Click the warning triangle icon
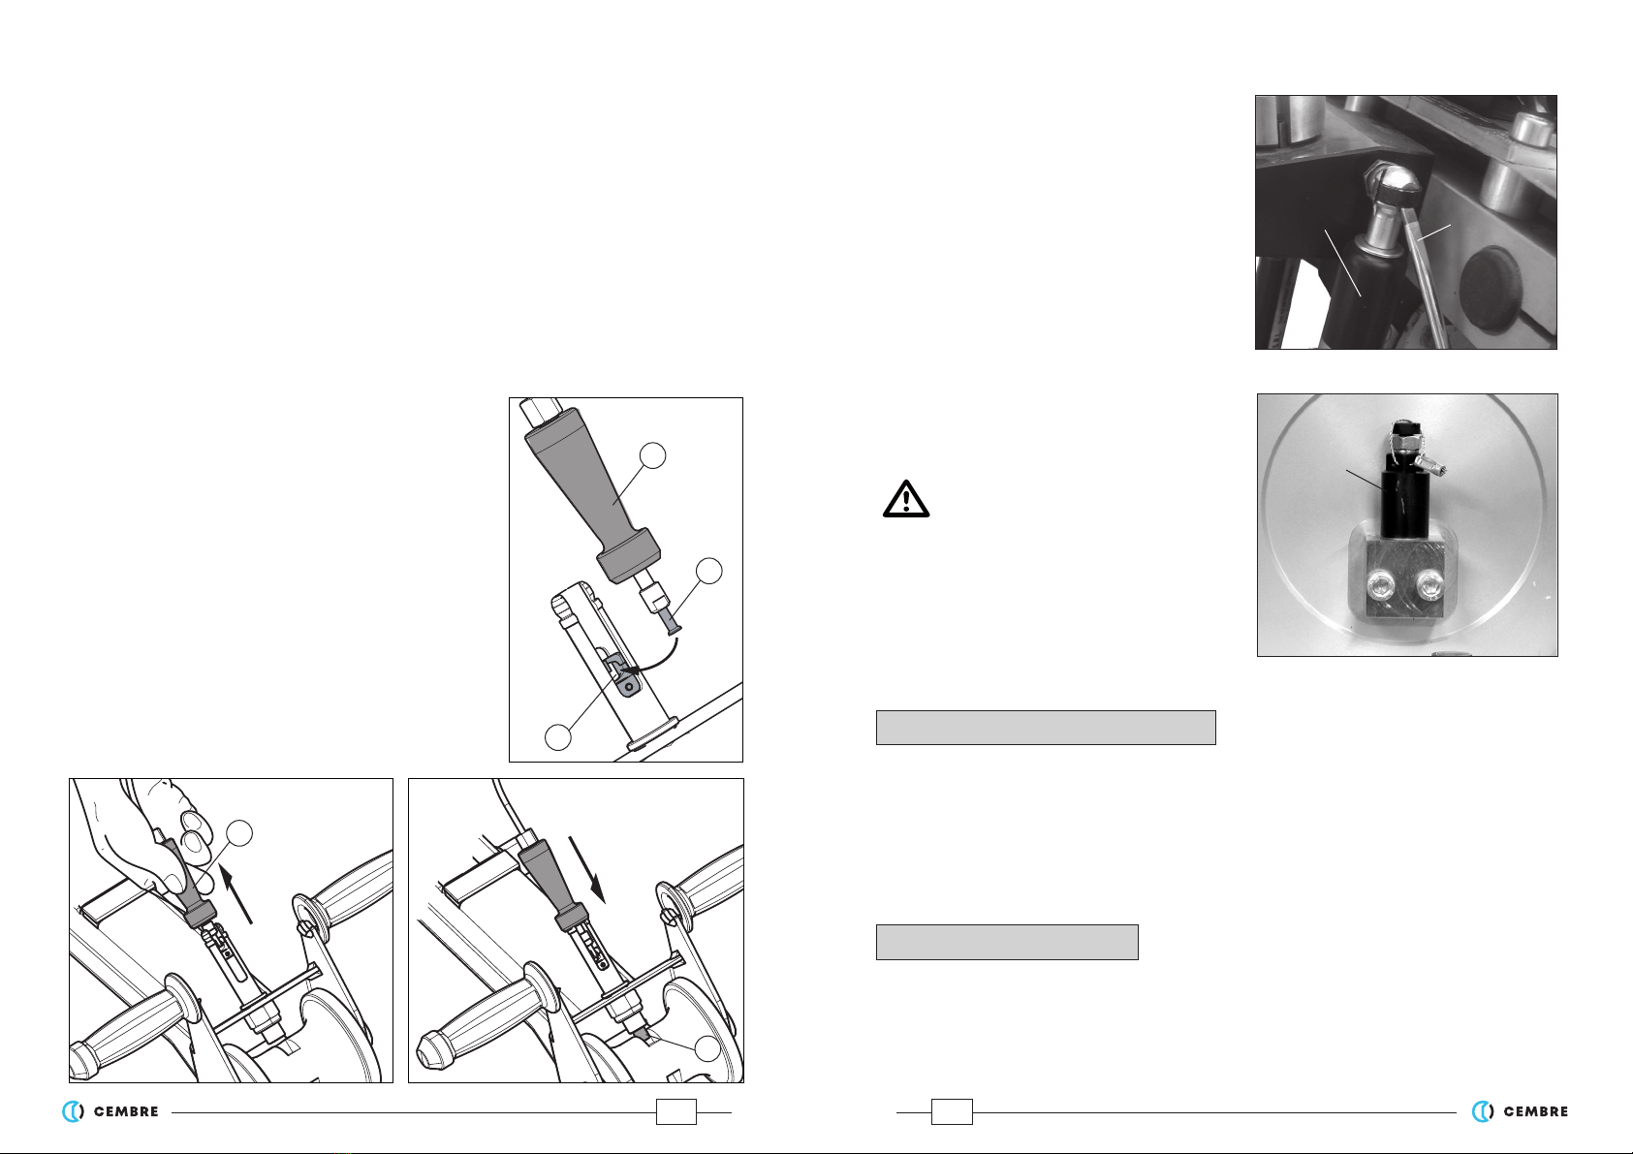pyautogui.click(x=905, y=499)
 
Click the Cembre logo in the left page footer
pyautogui.click(x=110, y=1111)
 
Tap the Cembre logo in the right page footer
pyautogui.click(x=1520, y=1111)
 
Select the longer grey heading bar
pyautogui.click(x=1046, y=728)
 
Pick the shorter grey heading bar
pyautogui.click(x=1007, y=942)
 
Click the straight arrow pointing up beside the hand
pyautogui.click(x=236, y=893)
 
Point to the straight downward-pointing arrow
pyautogui.click(x=587, y=870)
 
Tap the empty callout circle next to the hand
pyautogui.click(x=239, y=833)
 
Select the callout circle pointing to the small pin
pyautogui.click(x=708, y=571)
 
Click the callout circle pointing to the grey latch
pyautogui.click(x=558, y=737)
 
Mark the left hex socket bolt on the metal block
pyautogui.click(x=1375, y=584)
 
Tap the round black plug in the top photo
pyautogui.click(x=1489, y=287)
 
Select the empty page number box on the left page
pyautogui.click(x=675, y=1111)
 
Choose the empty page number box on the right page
pyautogui.click(x=952, y=1111)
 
